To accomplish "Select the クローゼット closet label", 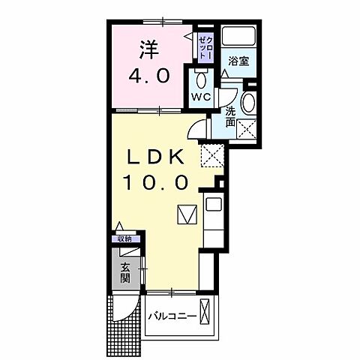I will point(205,45).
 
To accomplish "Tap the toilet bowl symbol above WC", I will point(199,79).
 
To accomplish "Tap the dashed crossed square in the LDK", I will point(211,156).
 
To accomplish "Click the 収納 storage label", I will point(123,238).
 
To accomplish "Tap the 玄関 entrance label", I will point(124,274).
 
